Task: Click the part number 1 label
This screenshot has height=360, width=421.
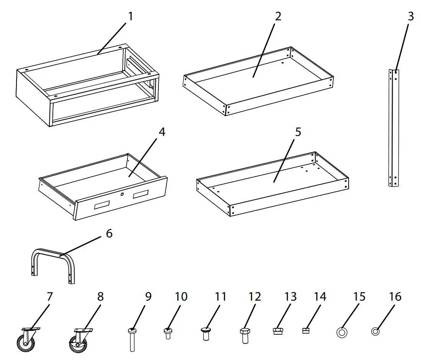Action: (x=131, y=16)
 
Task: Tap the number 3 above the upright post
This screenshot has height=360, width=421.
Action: (x=410, y=16)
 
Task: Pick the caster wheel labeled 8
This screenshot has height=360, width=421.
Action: (x=79, y=339)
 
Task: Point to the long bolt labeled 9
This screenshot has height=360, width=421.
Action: (x=132, y=339)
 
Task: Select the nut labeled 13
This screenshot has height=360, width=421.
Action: (x=278, y=331)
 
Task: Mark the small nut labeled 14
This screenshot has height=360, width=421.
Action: (x=305, y=331)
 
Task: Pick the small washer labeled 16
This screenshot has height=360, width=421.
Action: (x=375, y=332)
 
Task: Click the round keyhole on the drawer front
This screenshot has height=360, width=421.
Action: (x=122, y=195)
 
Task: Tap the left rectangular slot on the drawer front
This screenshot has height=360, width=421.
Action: (x=102, y=206)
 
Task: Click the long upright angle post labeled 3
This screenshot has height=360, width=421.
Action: (x=394, y=128)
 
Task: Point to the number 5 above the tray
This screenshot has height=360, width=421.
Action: (x=298, y=132)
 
